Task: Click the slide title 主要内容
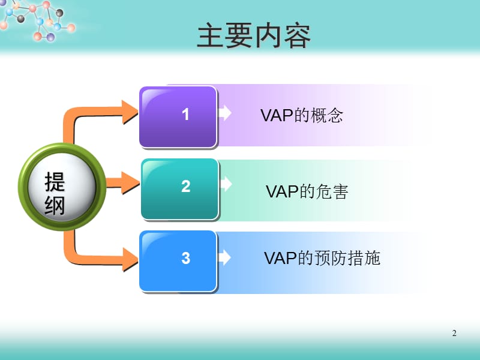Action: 254,36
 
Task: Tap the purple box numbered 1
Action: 178,116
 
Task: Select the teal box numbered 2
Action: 179,189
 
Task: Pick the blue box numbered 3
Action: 178,261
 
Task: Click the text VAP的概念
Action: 302,115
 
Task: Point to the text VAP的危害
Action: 307,191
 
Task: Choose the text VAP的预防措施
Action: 322,258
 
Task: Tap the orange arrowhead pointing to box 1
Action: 130,112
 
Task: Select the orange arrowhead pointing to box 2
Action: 131,183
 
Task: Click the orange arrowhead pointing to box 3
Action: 130,260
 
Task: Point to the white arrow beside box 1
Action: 225,113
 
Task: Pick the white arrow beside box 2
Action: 226,184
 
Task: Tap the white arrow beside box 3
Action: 224,257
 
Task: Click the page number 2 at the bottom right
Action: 454,333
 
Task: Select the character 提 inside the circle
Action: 55,182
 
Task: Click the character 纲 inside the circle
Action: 55,205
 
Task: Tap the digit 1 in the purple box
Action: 185,115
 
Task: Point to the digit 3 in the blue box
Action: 186,258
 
